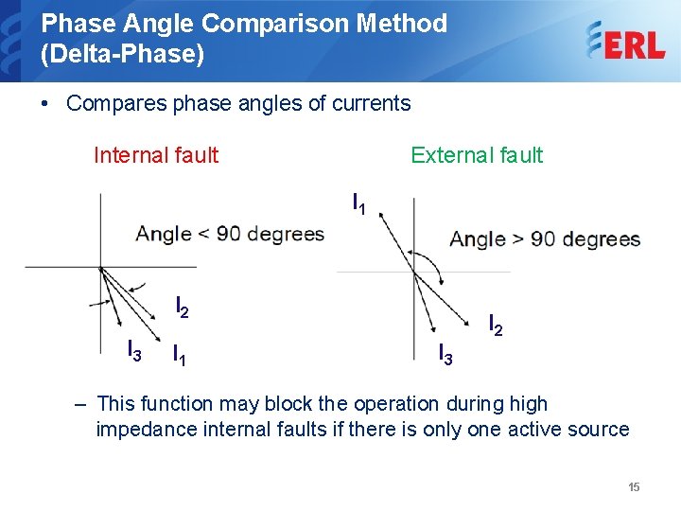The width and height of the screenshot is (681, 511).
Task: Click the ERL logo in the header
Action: [625, 42]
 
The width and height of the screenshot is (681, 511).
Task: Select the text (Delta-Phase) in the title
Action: [122, 55]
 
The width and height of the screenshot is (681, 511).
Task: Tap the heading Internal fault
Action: [156, 155]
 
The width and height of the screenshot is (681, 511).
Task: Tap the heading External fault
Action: [477, 155]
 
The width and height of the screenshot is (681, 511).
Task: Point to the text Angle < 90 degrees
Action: [230, 234]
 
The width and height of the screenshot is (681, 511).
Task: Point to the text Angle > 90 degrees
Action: [545, 239]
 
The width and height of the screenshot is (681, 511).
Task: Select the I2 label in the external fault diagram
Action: [495, 326]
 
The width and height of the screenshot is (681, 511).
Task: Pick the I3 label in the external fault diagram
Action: [445, 355]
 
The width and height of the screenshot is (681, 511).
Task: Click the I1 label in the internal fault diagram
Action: [178, 356]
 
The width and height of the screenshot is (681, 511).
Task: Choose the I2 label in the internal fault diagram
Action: [183, 307]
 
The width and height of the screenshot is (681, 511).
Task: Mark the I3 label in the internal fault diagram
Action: [134, 351]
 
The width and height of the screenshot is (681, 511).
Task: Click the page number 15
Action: [634, 487]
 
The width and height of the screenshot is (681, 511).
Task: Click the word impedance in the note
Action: [143, 430]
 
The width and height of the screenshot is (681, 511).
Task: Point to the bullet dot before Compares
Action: [46, 103]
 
